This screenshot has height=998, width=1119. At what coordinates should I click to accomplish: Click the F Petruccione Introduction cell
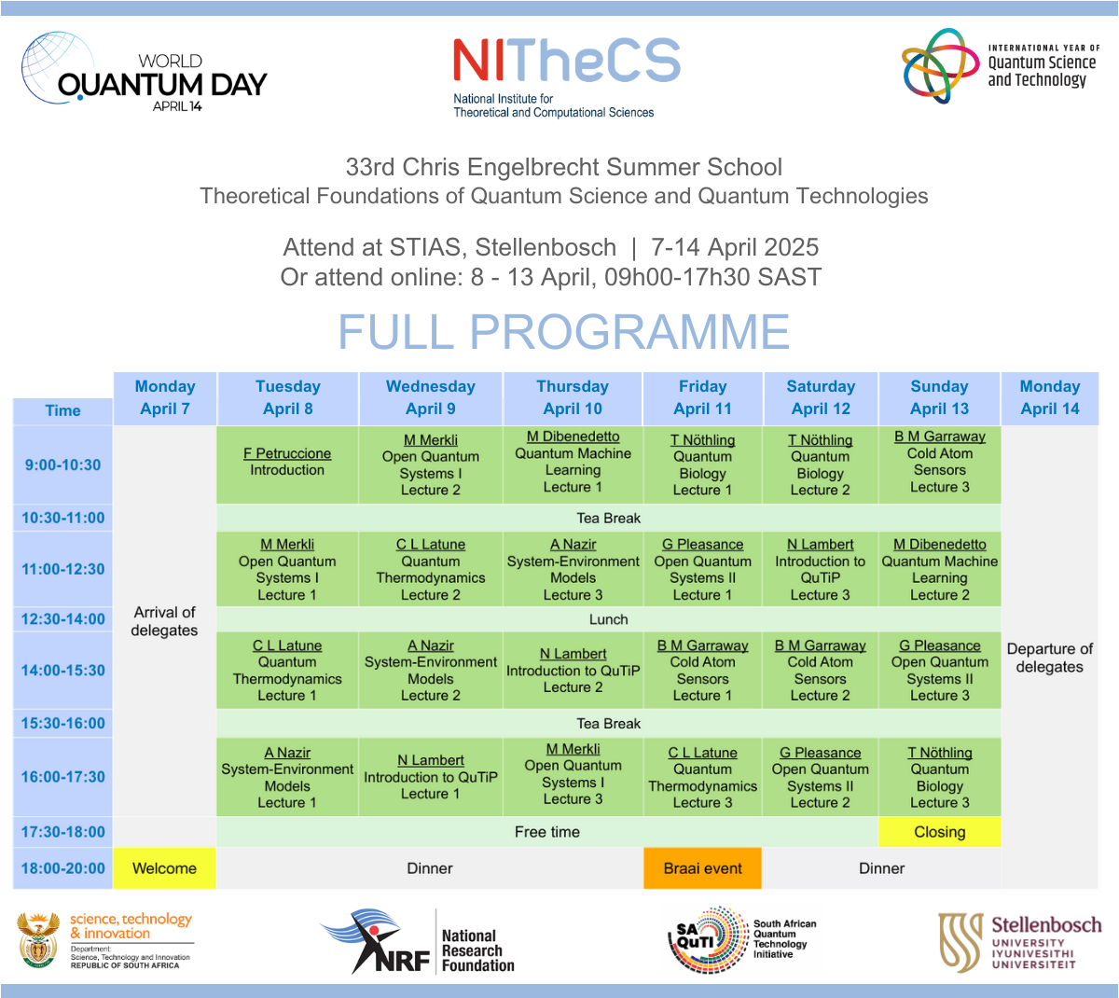287,464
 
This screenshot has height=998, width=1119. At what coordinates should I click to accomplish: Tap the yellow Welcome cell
165,868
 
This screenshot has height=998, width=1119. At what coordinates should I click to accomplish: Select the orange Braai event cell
702,868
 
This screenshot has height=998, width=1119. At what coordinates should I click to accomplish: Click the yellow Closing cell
940,832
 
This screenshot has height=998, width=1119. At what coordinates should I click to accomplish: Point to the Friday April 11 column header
702,398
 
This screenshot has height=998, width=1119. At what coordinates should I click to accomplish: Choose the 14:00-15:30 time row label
63,671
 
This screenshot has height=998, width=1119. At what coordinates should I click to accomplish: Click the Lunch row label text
608,619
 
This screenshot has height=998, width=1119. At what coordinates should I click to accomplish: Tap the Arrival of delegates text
165,621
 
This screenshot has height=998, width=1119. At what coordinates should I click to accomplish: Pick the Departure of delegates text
1049,658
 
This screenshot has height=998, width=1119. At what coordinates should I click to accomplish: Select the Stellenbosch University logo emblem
961,942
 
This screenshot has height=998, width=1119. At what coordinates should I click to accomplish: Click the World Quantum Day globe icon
56,67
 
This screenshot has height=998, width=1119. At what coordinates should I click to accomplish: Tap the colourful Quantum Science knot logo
940,65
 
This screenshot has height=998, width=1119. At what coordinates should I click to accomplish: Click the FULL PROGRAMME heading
563,331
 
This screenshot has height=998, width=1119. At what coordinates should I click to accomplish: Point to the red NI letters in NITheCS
478,60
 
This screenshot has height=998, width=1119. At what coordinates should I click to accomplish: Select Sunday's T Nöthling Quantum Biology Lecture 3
940,777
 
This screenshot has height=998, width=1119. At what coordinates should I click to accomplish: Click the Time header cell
63,411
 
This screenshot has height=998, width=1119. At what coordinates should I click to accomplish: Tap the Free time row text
546,832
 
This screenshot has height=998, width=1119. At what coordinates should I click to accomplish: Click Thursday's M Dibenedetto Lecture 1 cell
573,464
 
